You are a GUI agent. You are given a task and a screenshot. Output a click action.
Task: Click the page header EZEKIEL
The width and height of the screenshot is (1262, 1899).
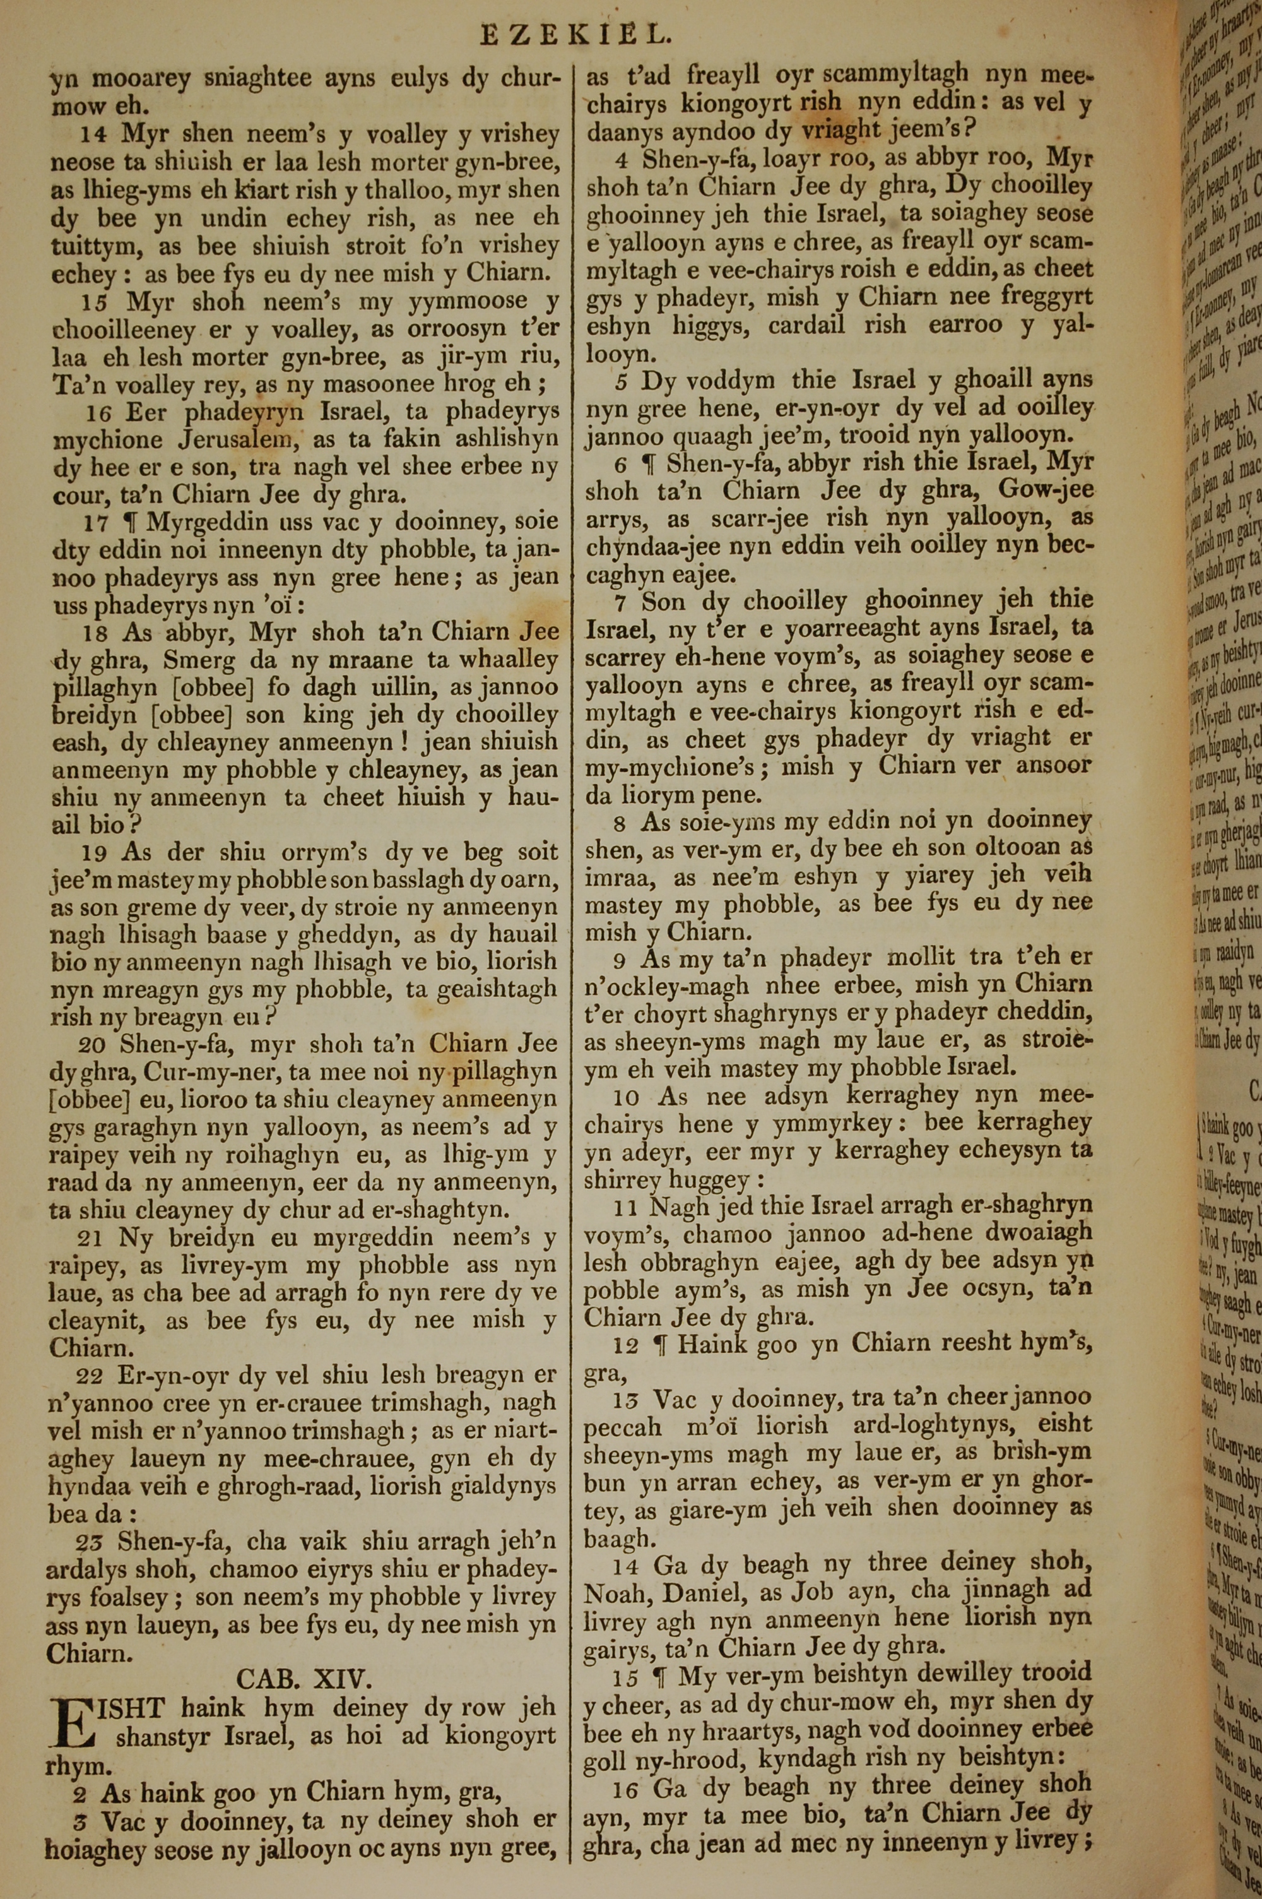pos(575,35)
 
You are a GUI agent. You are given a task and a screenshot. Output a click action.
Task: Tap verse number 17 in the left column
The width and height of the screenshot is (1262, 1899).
pos(95,523)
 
